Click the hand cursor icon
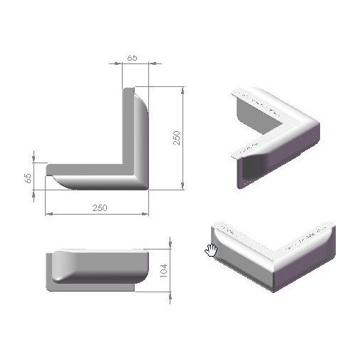(211, 249)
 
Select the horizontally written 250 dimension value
(100, 207)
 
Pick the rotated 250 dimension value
(177, 138)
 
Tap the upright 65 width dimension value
(133, 56)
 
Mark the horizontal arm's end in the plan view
(50, 175)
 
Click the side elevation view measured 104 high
(100, 267)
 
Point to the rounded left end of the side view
(51, 269)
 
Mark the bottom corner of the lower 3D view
(271, 289)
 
